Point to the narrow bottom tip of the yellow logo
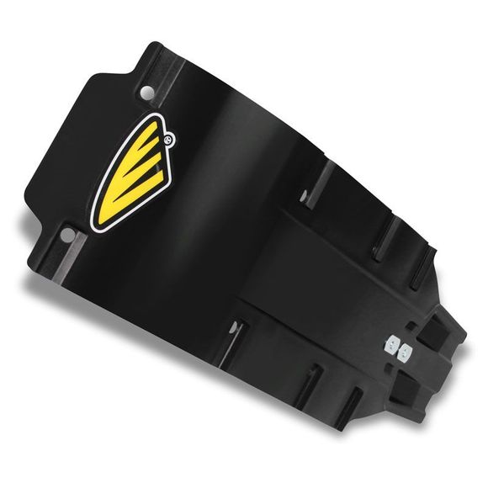click(x=99, y=220)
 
